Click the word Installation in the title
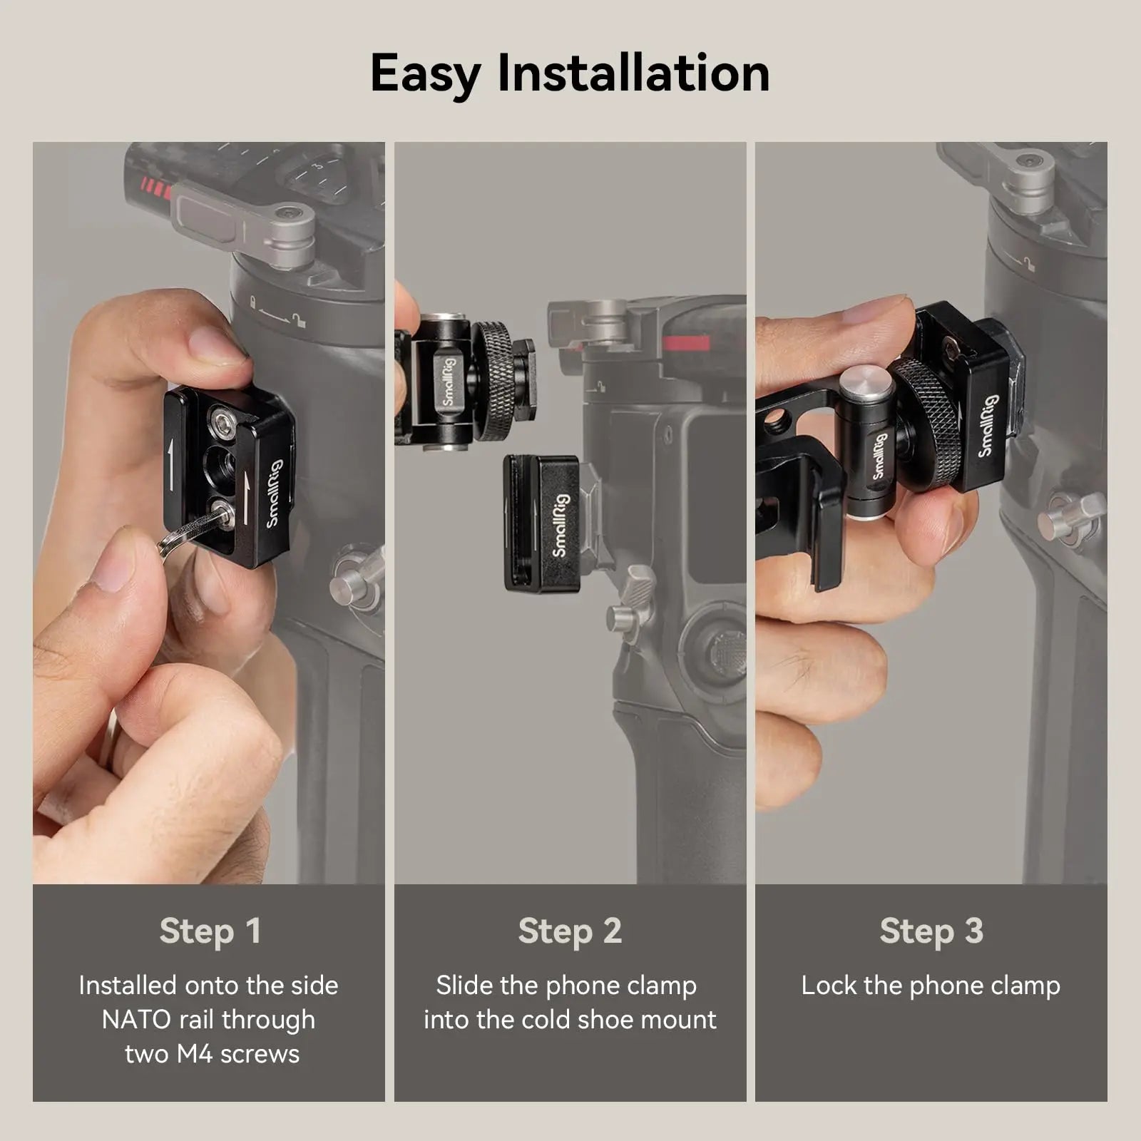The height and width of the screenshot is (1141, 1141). coord(633,73)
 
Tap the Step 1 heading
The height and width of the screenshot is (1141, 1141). coord(210,931)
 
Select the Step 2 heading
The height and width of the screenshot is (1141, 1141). coord(570,931)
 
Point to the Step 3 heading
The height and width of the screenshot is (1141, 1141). coord(931,931)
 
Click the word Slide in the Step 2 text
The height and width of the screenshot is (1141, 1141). coord(464,986)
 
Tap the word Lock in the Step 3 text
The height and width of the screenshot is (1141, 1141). coord(828,986)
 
